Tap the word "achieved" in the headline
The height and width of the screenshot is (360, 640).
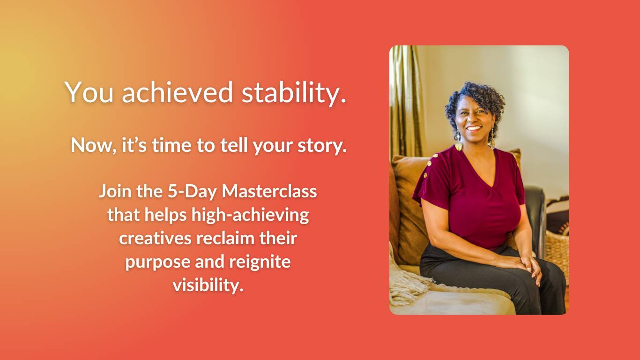(178, 92)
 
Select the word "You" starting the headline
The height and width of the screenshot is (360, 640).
(89, 92)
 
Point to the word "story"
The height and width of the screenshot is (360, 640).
(322, 146)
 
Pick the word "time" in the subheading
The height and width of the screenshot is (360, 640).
(171, 145)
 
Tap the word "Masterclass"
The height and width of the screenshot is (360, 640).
(269, 191)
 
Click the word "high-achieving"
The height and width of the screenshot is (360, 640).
(250, 215)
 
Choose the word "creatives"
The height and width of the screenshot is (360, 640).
(155, 239)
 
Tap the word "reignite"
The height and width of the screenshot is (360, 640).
(260, 262)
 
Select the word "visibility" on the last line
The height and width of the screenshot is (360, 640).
(208, 285)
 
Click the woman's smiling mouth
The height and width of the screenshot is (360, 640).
(474, 128)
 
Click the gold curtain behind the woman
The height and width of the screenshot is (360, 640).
(405, 100)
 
